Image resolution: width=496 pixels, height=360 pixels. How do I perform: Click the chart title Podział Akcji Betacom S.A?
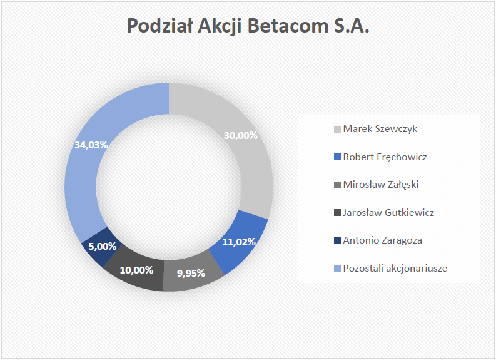[248, 26]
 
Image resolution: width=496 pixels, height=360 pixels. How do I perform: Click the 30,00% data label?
[240, 135]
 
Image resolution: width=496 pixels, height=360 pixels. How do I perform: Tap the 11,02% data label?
[239, 242]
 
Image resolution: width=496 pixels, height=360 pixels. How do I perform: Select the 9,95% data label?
[191, 273]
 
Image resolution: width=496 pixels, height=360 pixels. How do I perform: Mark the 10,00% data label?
[136, 270]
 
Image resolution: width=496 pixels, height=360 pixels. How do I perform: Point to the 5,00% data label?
[102, 246]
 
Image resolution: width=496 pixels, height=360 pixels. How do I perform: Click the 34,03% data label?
[91, 145]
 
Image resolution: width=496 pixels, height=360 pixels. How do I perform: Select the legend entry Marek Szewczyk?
[375, 129]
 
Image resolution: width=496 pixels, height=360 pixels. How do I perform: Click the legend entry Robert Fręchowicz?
[380, 157]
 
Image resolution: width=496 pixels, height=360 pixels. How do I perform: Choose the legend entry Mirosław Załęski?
[376, 185]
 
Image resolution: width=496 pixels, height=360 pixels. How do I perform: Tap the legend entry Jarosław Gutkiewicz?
[383, 212]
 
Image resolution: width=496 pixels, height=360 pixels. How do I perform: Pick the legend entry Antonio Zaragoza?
[378, 240]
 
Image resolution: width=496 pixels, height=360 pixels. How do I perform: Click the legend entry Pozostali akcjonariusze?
[391, 269]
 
